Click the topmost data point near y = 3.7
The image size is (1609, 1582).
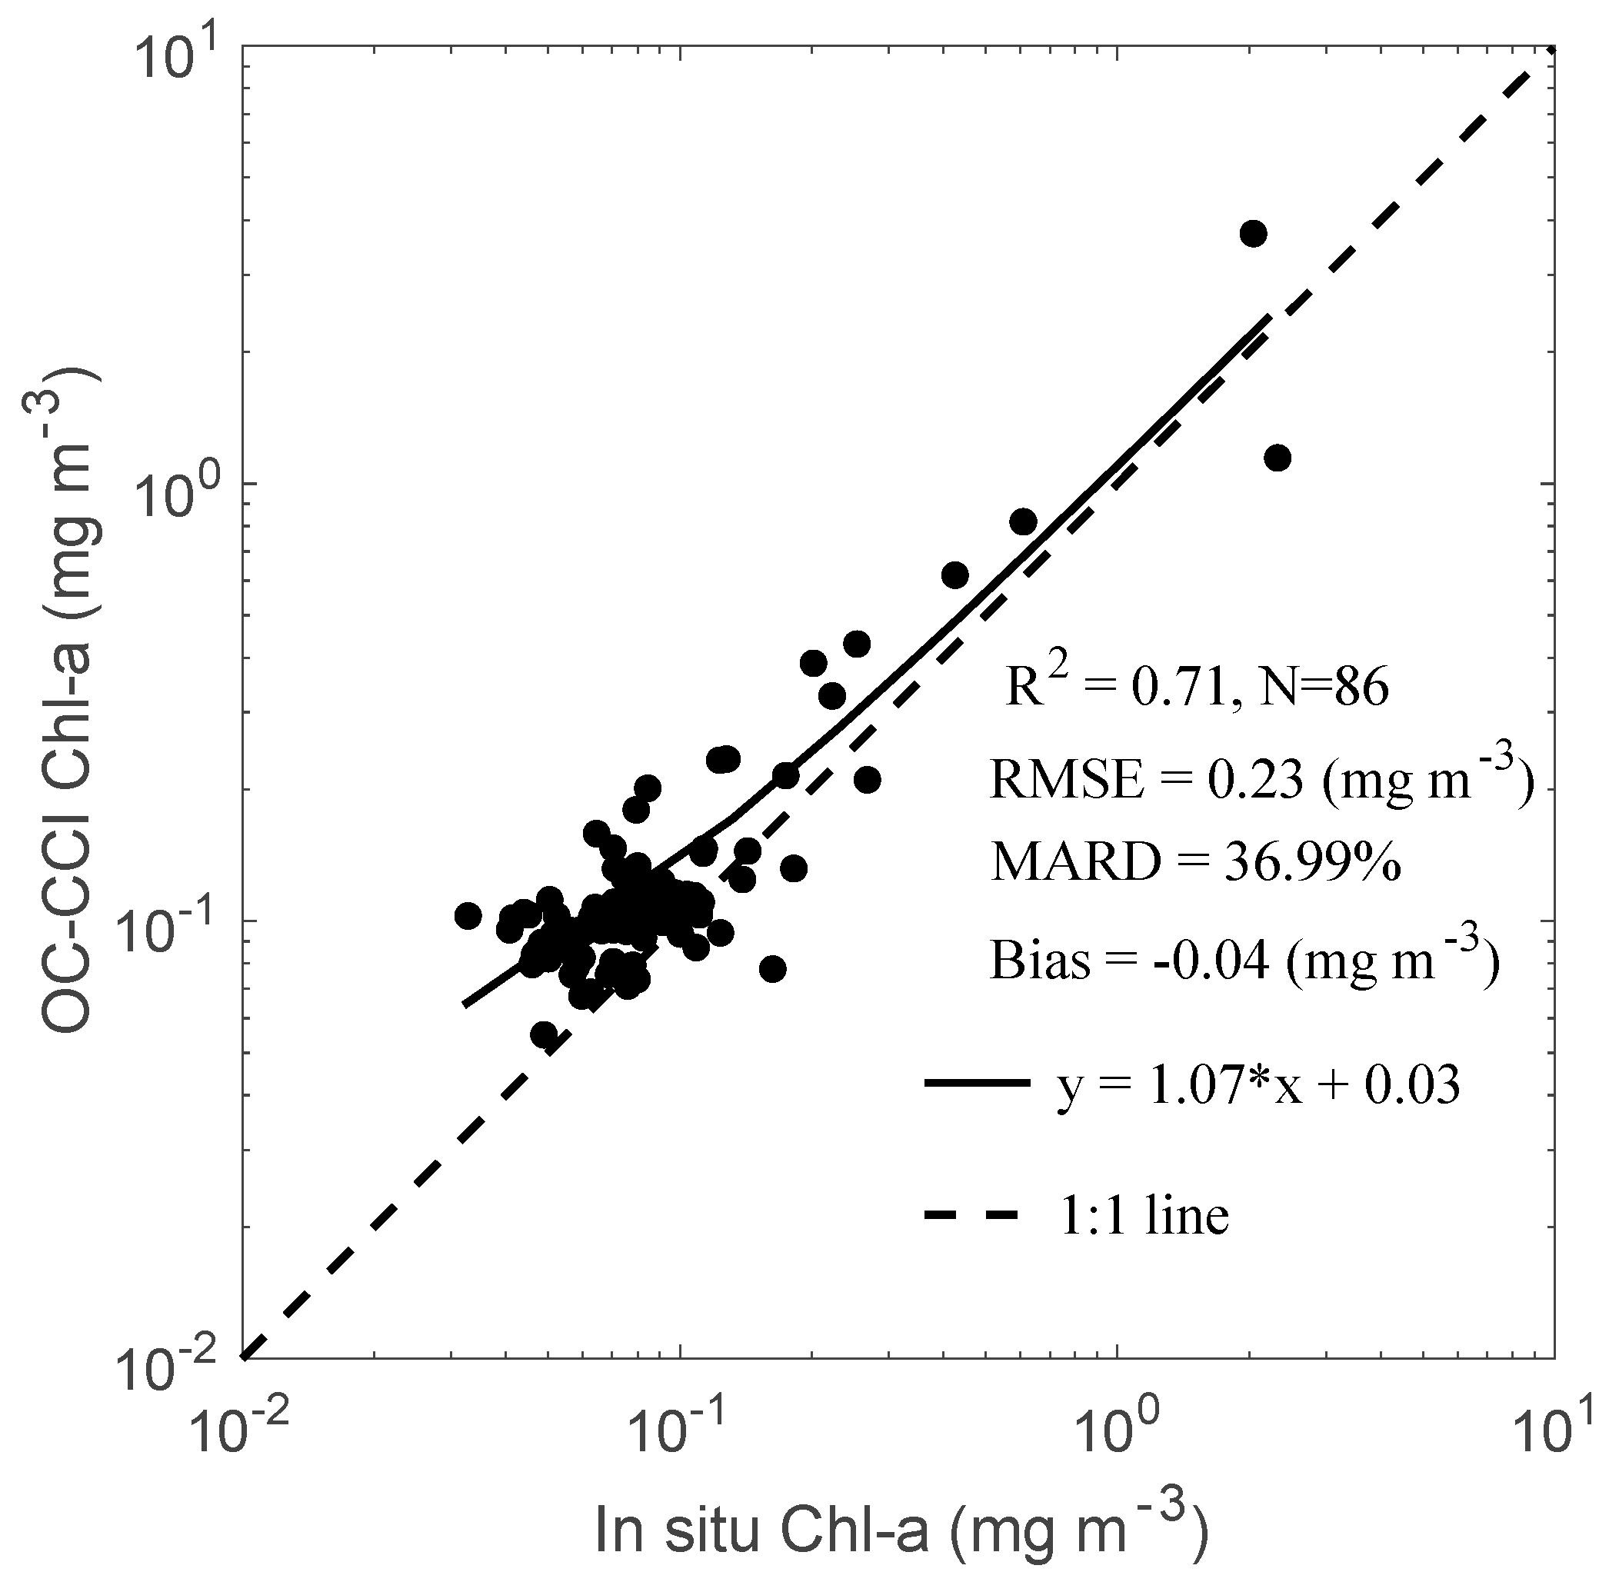tap(1252, 235)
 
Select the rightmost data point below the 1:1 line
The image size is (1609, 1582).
tap(1277, 458)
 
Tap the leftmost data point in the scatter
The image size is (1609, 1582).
tap(468, 916)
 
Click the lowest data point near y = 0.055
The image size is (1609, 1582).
tap(544, 1034)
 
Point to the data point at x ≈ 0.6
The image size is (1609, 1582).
tap(1023, 521)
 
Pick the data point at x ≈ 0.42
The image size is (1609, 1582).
tap(955, 575)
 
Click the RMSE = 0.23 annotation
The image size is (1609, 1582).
tap(1259, 781)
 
